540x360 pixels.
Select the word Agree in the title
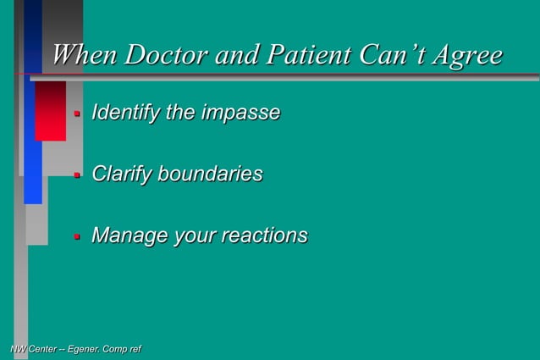(466, 57)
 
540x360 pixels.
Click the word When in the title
(85, 56)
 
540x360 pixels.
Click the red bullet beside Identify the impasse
(76, 114)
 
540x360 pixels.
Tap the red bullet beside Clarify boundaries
(76, 175)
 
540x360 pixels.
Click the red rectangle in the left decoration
(50, 110)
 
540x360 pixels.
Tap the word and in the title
(234, 56)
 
